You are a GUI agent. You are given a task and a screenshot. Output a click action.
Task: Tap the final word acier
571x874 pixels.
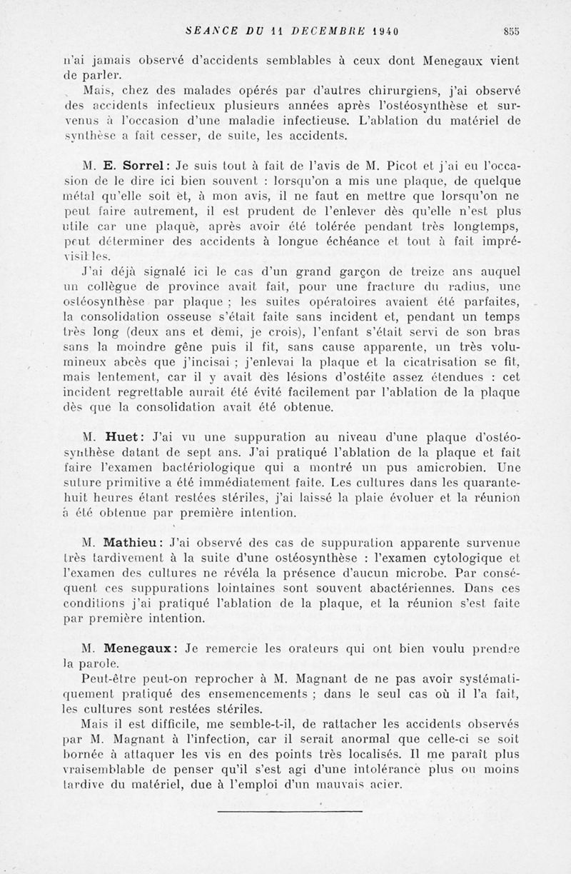pyautogui.click(x=385, y=786)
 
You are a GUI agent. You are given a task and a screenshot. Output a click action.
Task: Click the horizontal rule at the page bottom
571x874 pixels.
pyautogui.click(x=289, y=810)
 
